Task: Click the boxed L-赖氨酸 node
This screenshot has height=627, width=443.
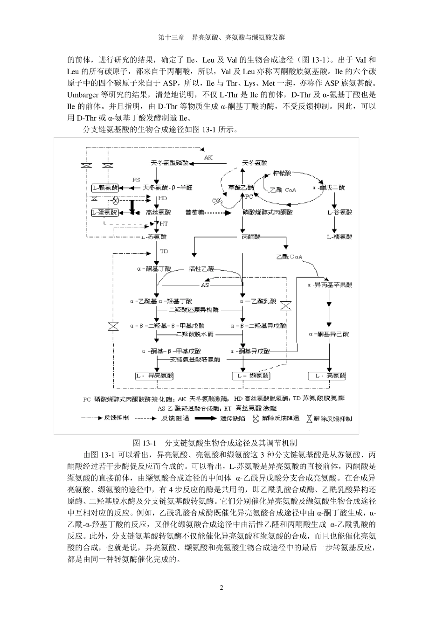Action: point(105,188)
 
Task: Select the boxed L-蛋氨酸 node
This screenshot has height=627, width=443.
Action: point(105,212)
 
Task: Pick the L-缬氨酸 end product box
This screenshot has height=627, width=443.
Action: point(251,376)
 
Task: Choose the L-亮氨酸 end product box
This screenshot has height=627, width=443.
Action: point(327,376)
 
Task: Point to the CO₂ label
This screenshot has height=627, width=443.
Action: point(217,201)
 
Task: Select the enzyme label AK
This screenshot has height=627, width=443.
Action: point(208,158)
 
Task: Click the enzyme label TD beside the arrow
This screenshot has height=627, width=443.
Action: point(164,251)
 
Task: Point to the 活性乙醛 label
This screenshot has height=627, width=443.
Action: point(201,269)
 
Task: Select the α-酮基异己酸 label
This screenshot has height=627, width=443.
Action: point(329,334)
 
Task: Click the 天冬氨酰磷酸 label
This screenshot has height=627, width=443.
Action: point(170,163)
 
